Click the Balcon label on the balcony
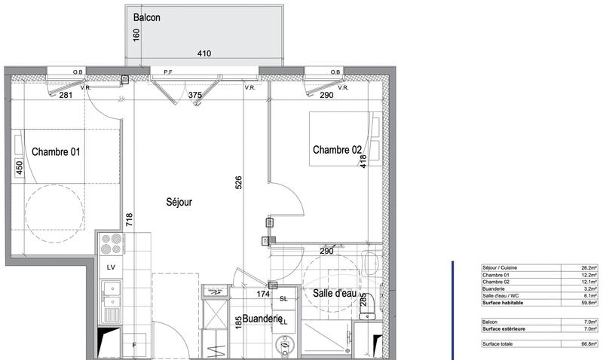146,18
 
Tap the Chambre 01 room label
56,151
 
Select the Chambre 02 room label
337,150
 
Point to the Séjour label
179,202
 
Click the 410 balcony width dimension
204,53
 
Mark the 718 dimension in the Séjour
129,220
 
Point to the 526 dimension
238,182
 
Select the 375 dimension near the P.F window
195,95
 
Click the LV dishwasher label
110,267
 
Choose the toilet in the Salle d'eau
369,263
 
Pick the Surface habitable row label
504,303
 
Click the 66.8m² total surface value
589,344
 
